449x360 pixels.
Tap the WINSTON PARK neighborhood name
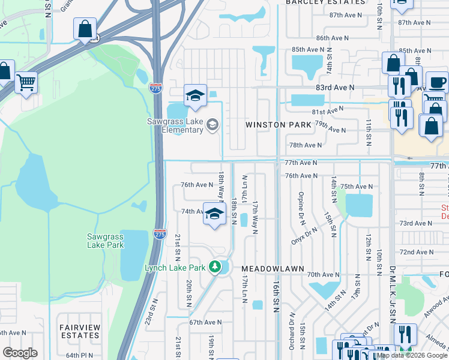coord(278,125)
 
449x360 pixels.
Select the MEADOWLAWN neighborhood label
coord(273,269)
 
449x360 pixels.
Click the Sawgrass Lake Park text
coord(105,241)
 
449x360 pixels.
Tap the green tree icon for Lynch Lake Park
coord(215,267)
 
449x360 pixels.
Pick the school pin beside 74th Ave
coord(214,215)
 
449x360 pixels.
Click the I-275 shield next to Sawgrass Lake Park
coord(159,234)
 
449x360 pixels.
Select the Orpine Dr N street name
coord(300,205)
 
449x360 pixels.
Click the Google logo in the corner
coord(20,353)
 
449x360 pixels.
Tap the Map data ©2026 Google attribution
coord(411,355)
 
